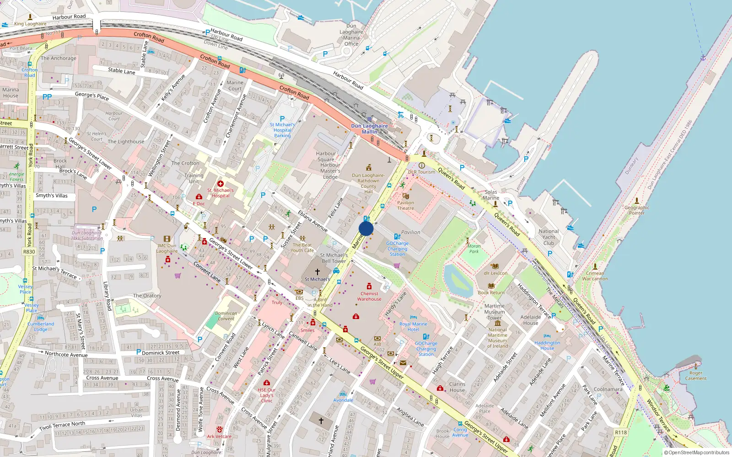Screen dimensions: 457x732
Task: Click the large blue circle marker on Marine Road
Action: [x=366, y=228]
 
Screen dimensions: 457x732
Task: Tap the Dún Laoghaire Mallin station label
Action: [x=369, y=129]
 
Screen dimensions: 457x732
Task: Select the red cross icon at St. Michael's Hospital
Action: [x=221, y=184]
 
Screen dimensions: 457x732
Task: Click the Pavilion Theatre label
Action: [x=405, y=206]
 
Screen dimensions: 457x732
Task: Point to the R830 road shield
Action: [x=29, y=252]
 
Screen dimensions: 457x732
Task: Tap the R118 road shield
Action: [x=621, y=432]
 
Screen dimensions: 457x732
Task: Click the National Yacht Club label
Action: [x=549, y=237]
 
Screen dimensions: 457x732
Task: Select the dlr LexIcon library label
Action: [x=495, y=273]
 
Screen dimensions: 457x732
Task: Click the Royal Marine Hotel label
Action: [x=413, y=327]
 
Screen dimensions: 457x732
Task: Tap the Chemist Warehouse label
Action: [x=369, y=297]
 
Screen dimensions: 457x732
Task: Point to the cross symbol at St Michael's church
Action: [x=317, y=271]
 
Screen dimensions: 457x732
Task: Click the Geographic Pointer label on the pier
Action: [x=637, y=210]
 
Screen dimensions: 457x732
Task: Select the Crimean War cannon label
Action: [x=595, y=276]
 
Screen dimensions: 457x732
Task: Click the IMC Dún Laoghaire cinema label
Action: [x=167, y=248]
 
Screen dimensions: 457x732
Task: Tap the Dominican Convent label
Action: [x=226, y=316]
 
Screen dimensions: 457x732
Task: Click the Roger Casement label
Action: [x=696, y=376]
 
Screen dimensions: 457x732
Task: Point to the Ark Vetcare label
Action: [x=219, y=436]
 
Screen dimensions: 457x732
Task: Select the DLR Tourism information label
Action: [x=422, y=172]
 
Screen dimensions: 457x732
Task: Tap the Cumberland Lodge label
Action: [x=41, y=326]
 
